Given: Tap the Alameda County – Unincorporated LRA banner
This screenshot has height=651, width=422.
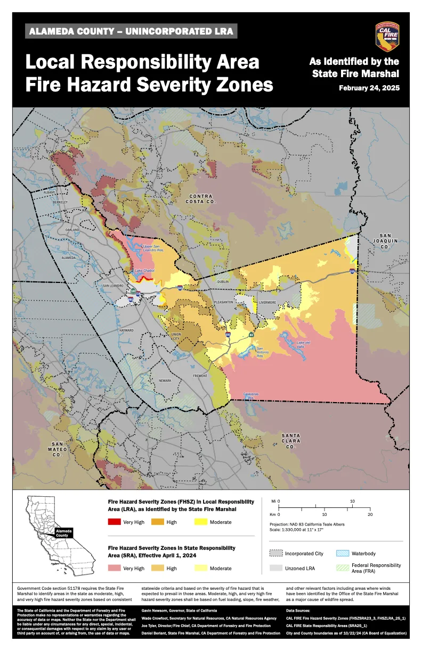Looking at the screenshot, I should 131,31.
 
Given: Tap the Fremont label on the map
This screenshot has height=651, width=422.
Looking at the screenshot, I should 200,375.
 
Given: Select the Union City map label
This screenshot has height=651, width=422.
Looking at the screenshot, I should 175,337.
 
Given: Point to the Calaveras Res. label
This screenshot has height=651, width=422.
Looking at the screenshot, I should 251,395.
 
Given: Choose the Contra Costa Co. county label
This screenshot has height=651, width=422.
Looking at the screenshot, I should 201,199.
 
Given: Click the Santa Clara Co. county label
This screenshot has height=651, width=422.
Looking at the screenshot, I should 291,441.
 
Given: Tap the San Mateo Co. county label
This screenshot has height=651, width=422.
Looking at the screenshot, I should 58,449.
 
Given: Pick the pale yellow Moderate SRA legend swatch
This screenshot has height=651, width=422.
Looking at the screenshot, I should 202,568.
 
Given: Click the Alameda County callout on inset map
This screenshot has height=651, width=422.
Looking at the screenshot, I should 62,532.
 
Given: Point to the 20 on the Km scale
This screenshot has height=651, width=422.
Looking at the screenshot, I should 370,514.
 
